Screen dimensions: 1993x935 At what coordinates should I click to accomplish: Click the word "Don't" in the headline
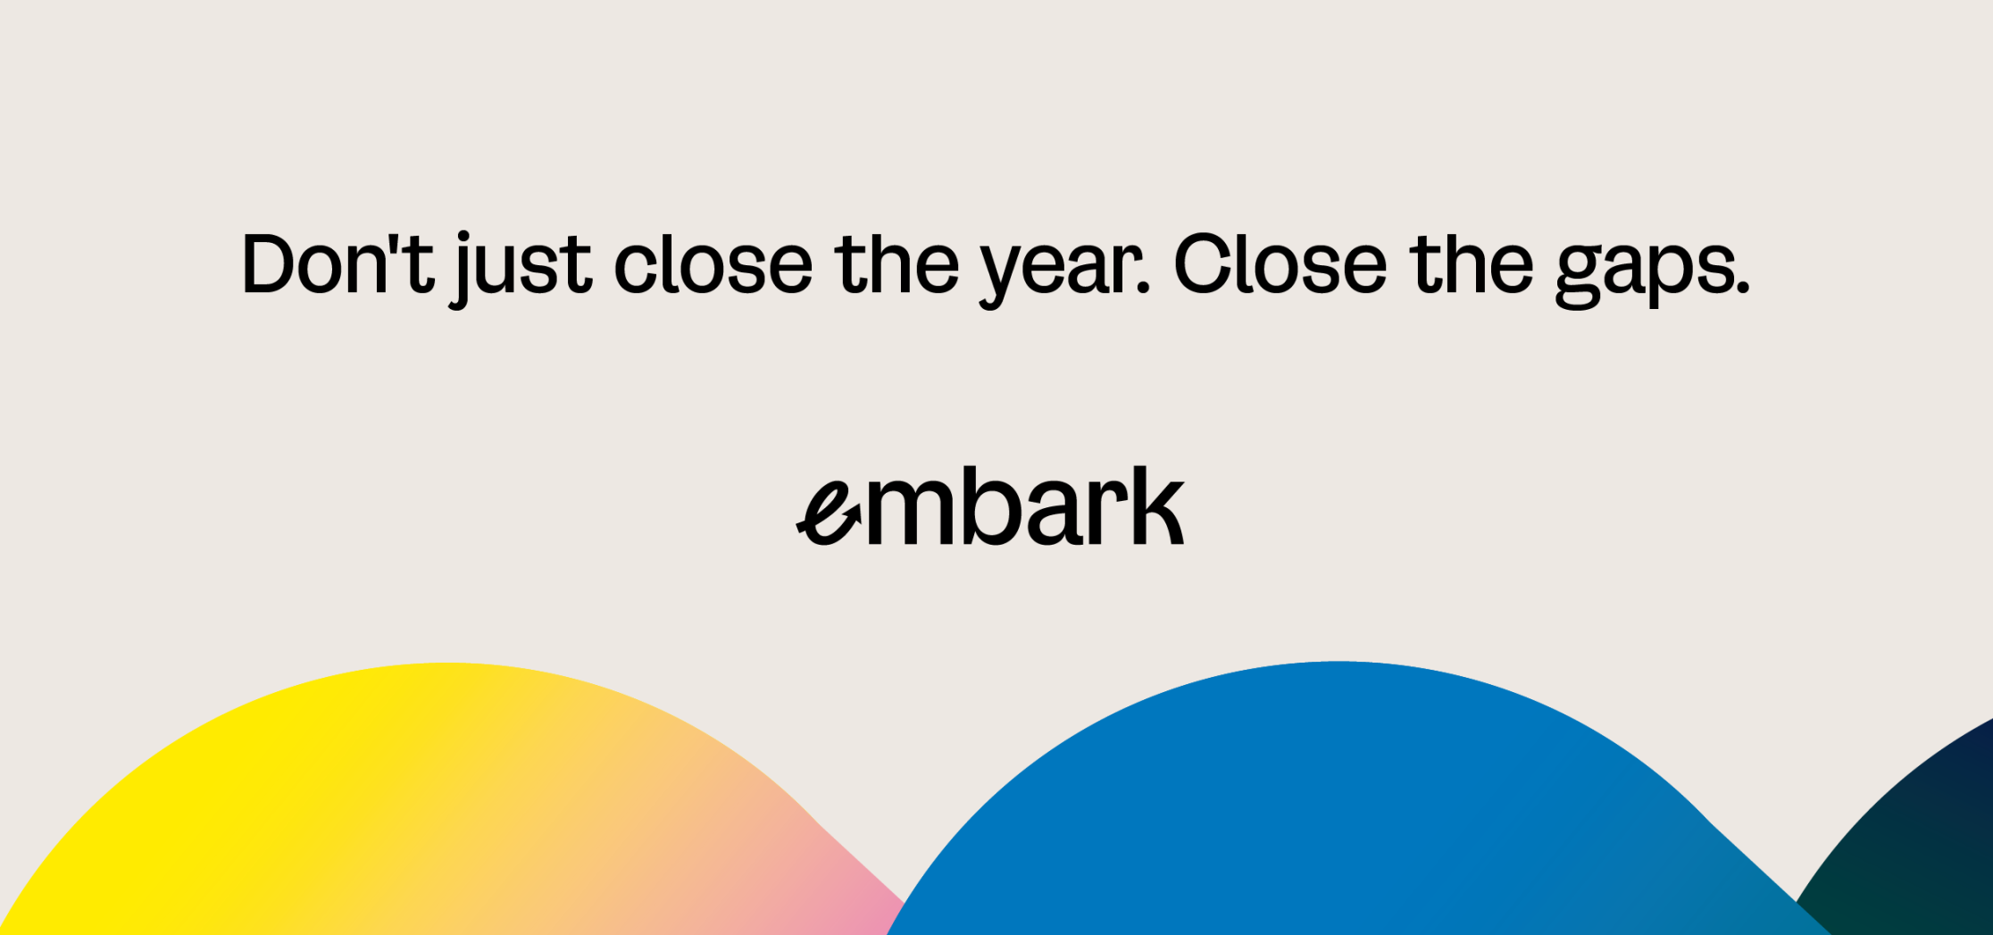click(338, 264)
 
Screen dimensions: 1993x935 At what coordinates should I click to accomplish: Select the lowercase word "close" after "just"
click(713, 264)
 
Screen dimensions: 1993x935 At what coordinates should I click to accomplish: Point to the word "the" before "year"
click(896, 264)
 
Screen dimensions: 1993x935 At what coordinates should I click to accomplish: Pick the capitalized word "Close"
click(1280, 264)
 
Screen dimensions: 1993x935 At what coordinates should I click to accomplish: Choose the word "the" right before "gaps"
click(1472, 264)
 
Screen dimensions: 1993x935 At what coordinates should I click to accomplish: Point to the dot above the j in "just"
click(463, 237)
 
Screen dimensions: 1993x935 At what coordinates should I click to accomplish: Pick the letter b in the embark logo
click(995, 505)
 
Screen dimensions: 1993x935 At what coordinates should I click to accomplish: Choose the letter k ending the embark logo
click(1157, 505)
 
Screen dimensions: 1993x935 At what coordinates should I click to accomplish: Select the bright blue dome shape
click(1339, 804)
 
